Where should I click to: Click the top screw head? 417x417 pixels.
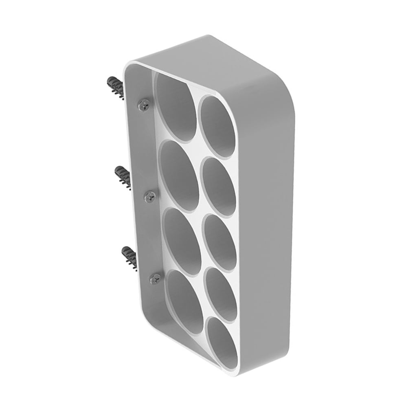(x=143, y=105)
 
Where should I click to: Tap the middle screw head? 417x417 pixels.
(x=150, y=196)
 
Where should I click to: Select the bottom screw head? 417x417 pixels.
(x=156, y=279)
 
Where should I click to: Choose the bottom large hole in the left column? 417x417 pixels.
(x=185, y=302)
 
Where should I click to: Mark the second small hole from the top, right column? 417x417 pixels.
(x=219, y=186)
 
